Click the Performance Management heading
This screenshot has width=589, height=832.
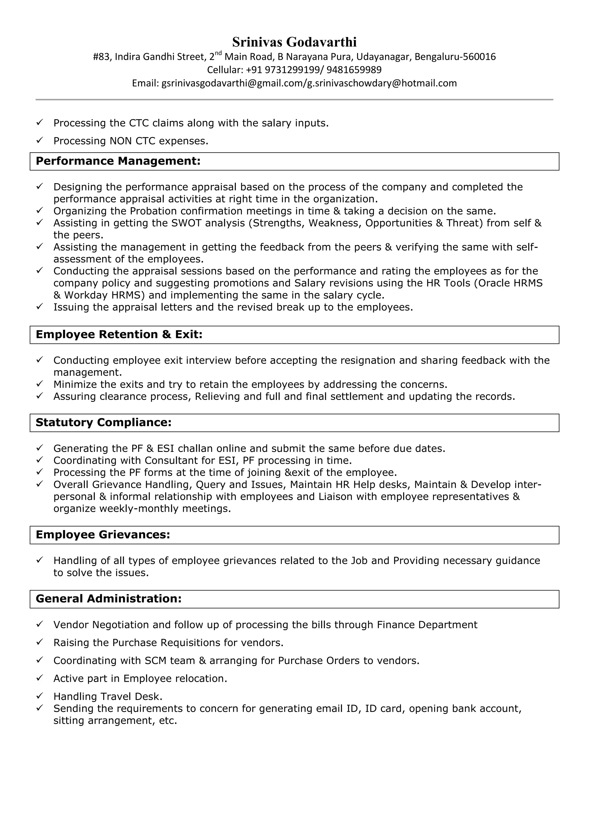[x=118, y=161]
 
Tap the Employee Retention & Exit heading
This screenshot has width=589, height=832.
[x=119, y=334]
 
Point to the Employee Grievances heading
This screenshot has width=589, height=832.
[x=103, y=534]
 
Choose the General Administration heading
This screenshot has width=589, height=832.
[x=108, y=598]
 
